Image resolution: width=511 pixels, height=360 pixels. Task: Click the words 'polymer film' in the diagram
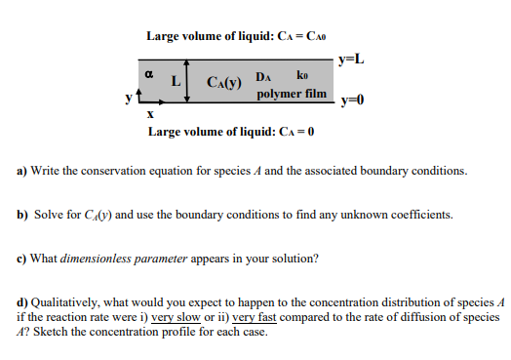click(292, 95)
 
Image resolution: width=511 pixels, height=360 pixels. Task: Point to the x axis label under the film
click(149, 113)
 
